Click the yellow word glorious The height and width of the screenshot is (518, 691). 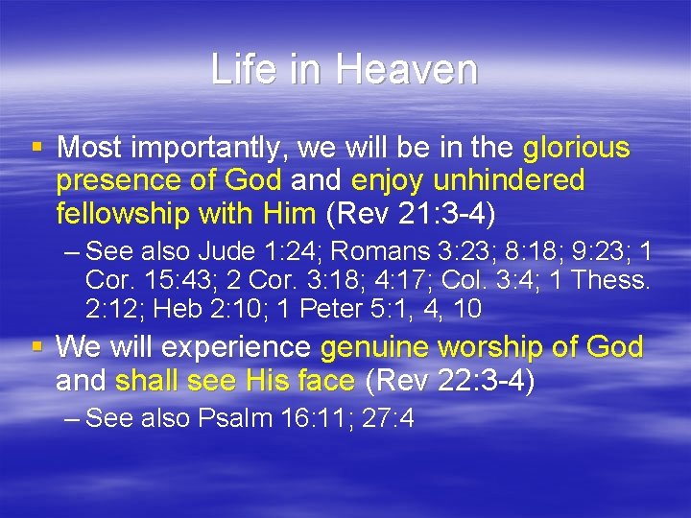(577, 149)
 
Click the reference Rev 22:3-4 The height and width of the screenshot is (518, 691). (450, 381)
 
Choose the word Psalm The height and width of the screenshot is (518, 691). (235, 419)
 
